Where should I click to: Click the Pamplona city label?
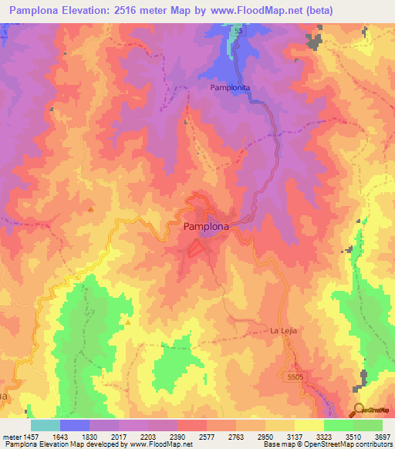(x=207, y=228)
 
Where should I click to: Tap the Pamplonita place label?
(x=231, y=89)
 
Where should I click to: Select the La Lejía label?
(x=283, y=330)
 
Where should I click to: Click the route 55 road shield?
(x=238, y=29)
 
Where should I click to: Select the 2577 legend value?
(x=206, y=437)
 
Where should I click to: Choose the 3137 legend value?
(x=294, y=437)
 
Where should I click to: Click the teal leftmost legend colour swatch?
(x=45, y=425)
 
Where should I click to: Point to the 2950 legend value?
(x=265, y=437)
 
